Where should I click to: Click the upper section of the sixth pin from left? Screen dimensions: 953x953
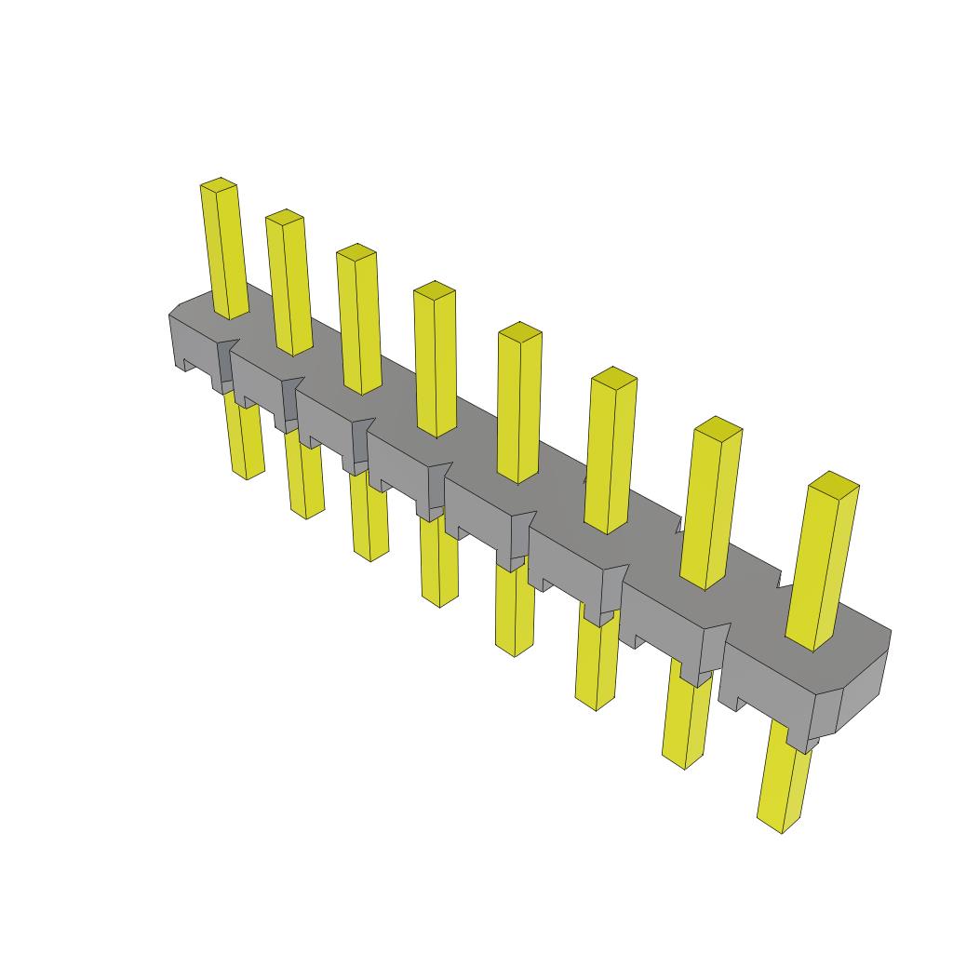[x=611, y=452]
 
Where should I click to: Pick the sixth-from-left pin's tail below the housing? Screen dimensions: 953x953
[x=596, y=665]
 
